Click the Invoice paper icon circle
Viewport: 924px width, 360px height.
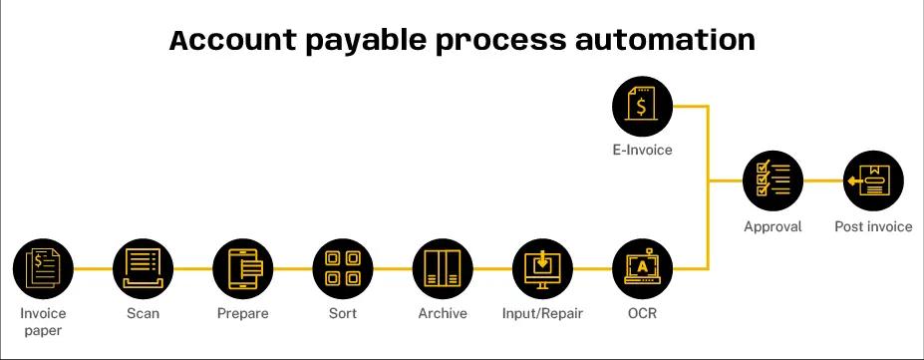43,268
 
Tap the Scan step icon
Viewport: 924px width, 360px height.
143,268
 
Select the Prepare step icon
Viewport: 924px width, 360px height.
242,268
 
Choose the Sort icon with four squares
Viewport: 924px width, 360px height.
343,268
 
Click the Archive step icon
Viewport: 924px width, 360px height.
443,268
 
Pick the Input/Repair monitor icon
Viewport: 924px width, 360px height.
542,268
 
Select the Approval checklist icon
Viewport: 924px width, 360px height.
772,181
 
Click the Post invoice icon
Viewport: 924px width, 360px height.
873,181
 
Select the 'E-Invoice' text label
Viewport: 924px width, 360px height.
643,151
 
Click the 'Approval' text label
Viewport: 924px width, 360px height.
772,226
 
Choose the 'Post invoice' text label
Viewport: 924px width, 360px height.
873,226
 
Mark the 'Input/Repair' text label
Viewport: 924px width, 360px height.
542,313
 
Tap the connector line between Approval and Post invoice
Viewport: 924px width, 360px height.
822,181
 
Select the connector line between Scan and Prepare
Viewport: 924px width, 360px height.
192,268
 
